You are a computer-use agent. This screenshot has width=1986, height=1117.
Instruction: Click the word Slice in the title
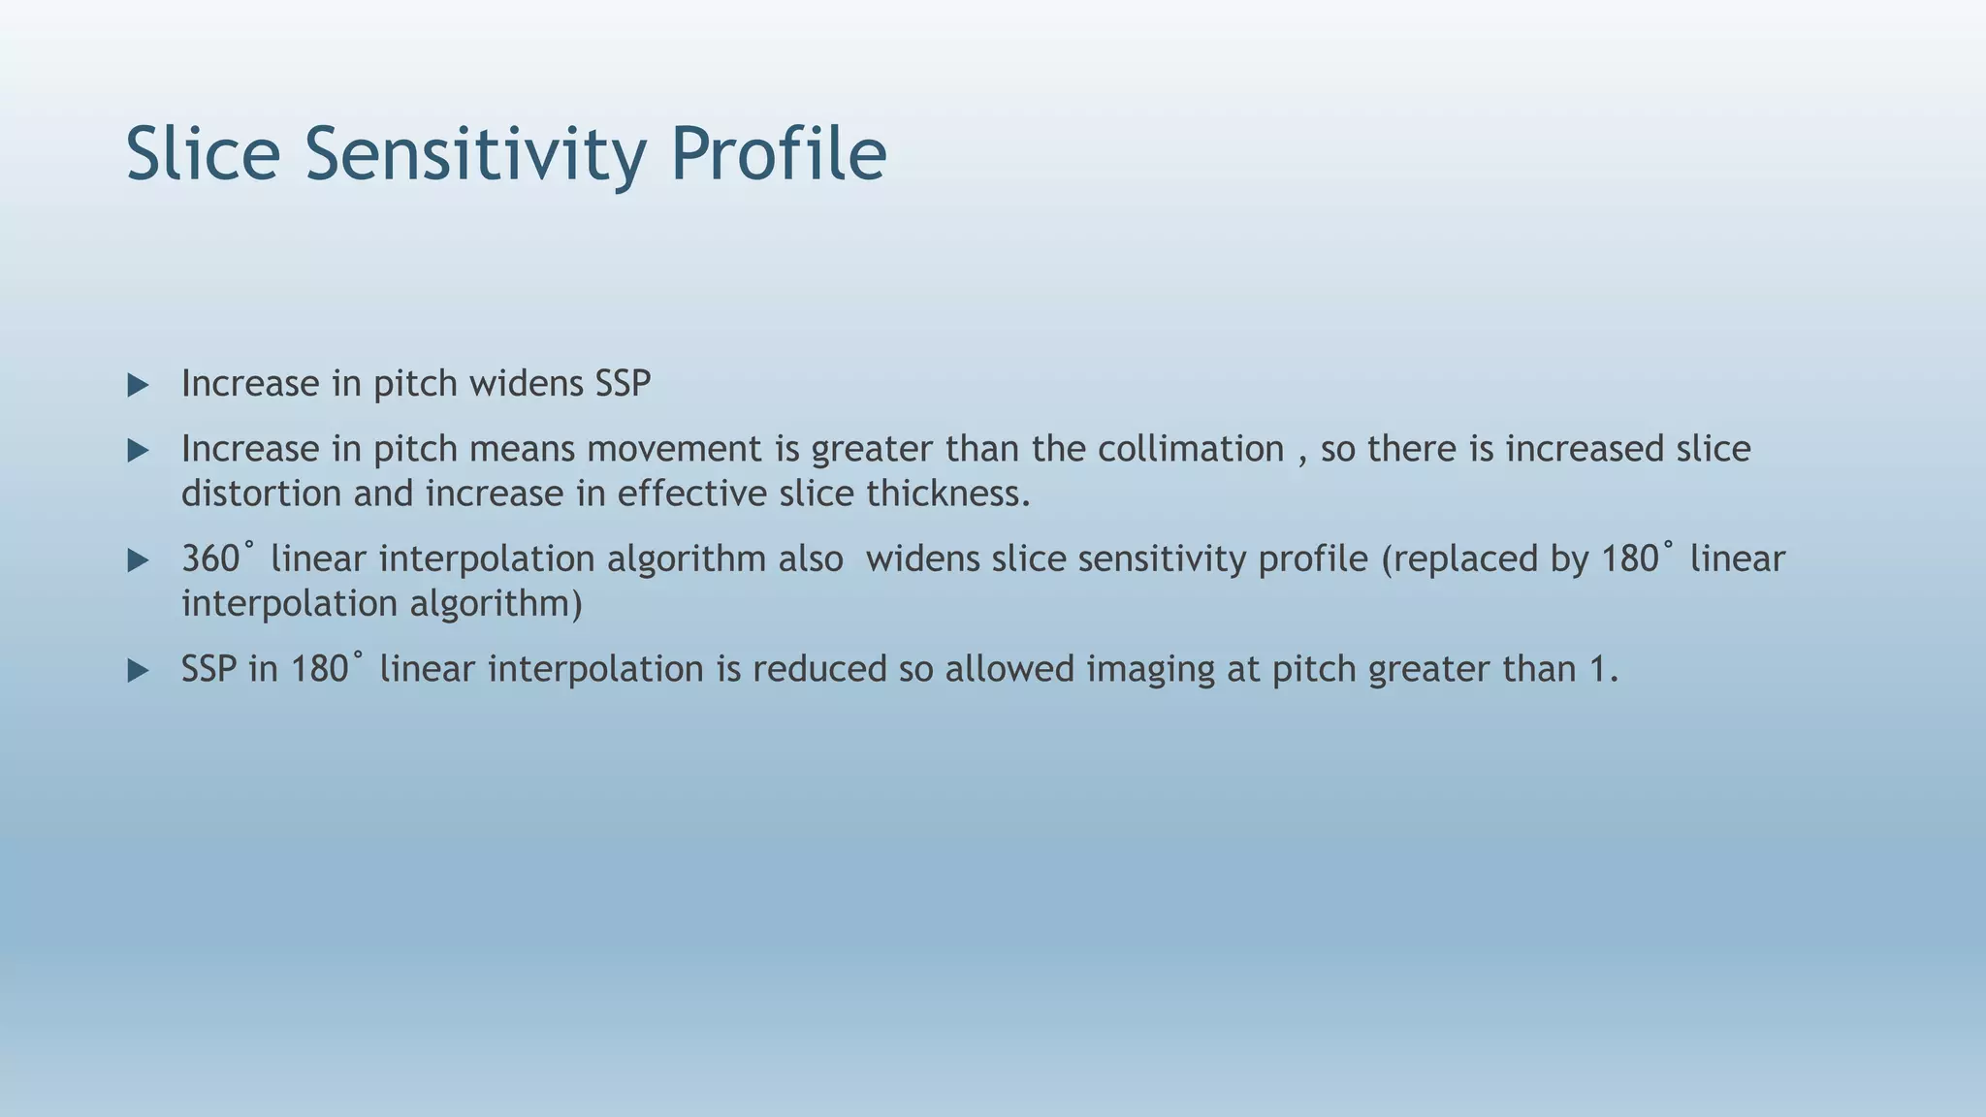coord(203,154)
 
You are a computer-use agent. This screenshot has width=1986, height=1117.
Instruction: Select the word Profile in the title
coord(778,154)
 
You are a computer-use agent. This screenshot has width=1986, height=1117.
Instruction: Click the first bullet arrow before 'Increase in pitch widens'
coord(139,386)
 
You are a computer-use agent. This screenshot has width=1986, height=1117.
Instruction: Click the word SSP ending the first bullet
coord(623,384)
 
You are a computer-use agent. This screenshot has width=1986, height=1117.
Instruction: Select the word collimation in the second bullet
coord(1191,449)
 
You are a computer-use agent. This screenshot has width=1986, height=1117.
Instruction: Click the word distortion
coord(261,494)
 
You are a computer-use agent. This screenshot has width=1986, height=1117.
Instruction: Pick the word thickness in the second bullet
coord(947,494)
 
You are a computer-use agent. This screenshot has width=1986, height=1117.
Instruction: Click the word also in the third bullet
coord(811,559)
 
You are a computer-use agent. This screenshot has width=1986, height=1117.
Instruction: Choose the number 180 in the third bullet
coord(1630,559)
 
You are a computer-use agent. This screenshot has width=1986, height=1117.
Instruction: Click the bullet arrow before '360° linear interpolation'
coord(139,560)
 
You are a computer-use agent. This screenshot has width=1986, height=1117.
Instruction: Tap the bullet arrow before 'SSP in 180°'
coord(139,671)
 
